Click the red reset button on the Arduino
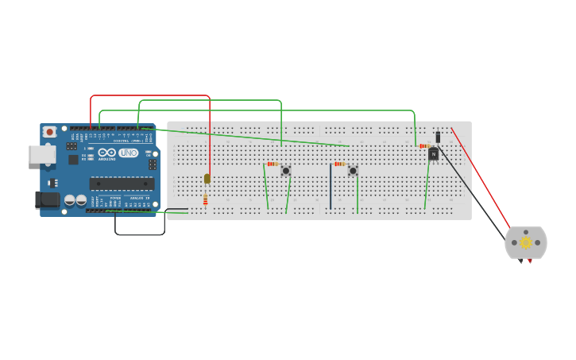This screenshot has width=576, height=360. click(x=50, y=132)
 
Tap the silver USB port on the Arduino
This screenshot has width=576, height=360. click(x=41, y=154)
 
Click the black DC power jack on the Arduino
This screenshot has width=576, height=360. click(x=48, y=200)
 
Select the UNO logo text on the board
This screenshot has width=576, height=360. click(x=129, y=153)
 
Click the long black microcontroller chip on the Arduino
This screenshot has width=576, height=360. click(x=122, y=184)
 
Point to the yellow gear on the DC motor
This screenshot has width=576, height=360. click(x=526, y=242)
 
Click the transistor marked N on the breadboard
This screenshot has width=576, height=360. click(x=433, y=154)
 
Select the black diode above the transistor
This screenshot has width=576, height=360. click(x=438, y=137)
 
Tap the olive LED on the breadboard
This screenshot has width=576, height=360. click(x=207, y=179)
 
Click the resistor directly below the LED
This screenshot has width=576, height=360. click(x=205, y=199)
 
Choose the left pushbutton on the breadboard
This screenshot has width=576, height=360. click(x=286, y=171)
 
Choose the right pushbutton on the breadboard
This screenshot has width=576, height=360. click(x=353, y=171)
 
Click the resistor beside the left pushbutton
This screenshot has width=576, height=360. click(x=273, y=164)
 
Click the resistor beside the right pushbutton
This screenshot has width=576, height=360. click(x=339, y=164)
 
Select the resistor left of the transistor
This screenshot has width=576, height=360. click(x=423, y=146)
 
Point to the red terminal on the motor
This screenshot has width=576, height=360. click(x=530, y=261)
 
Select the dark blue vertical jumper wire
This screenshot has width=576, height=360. click(x=331, y=187)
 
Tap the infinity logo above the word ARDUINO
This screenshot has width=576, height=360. click(x=107, y=153)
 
